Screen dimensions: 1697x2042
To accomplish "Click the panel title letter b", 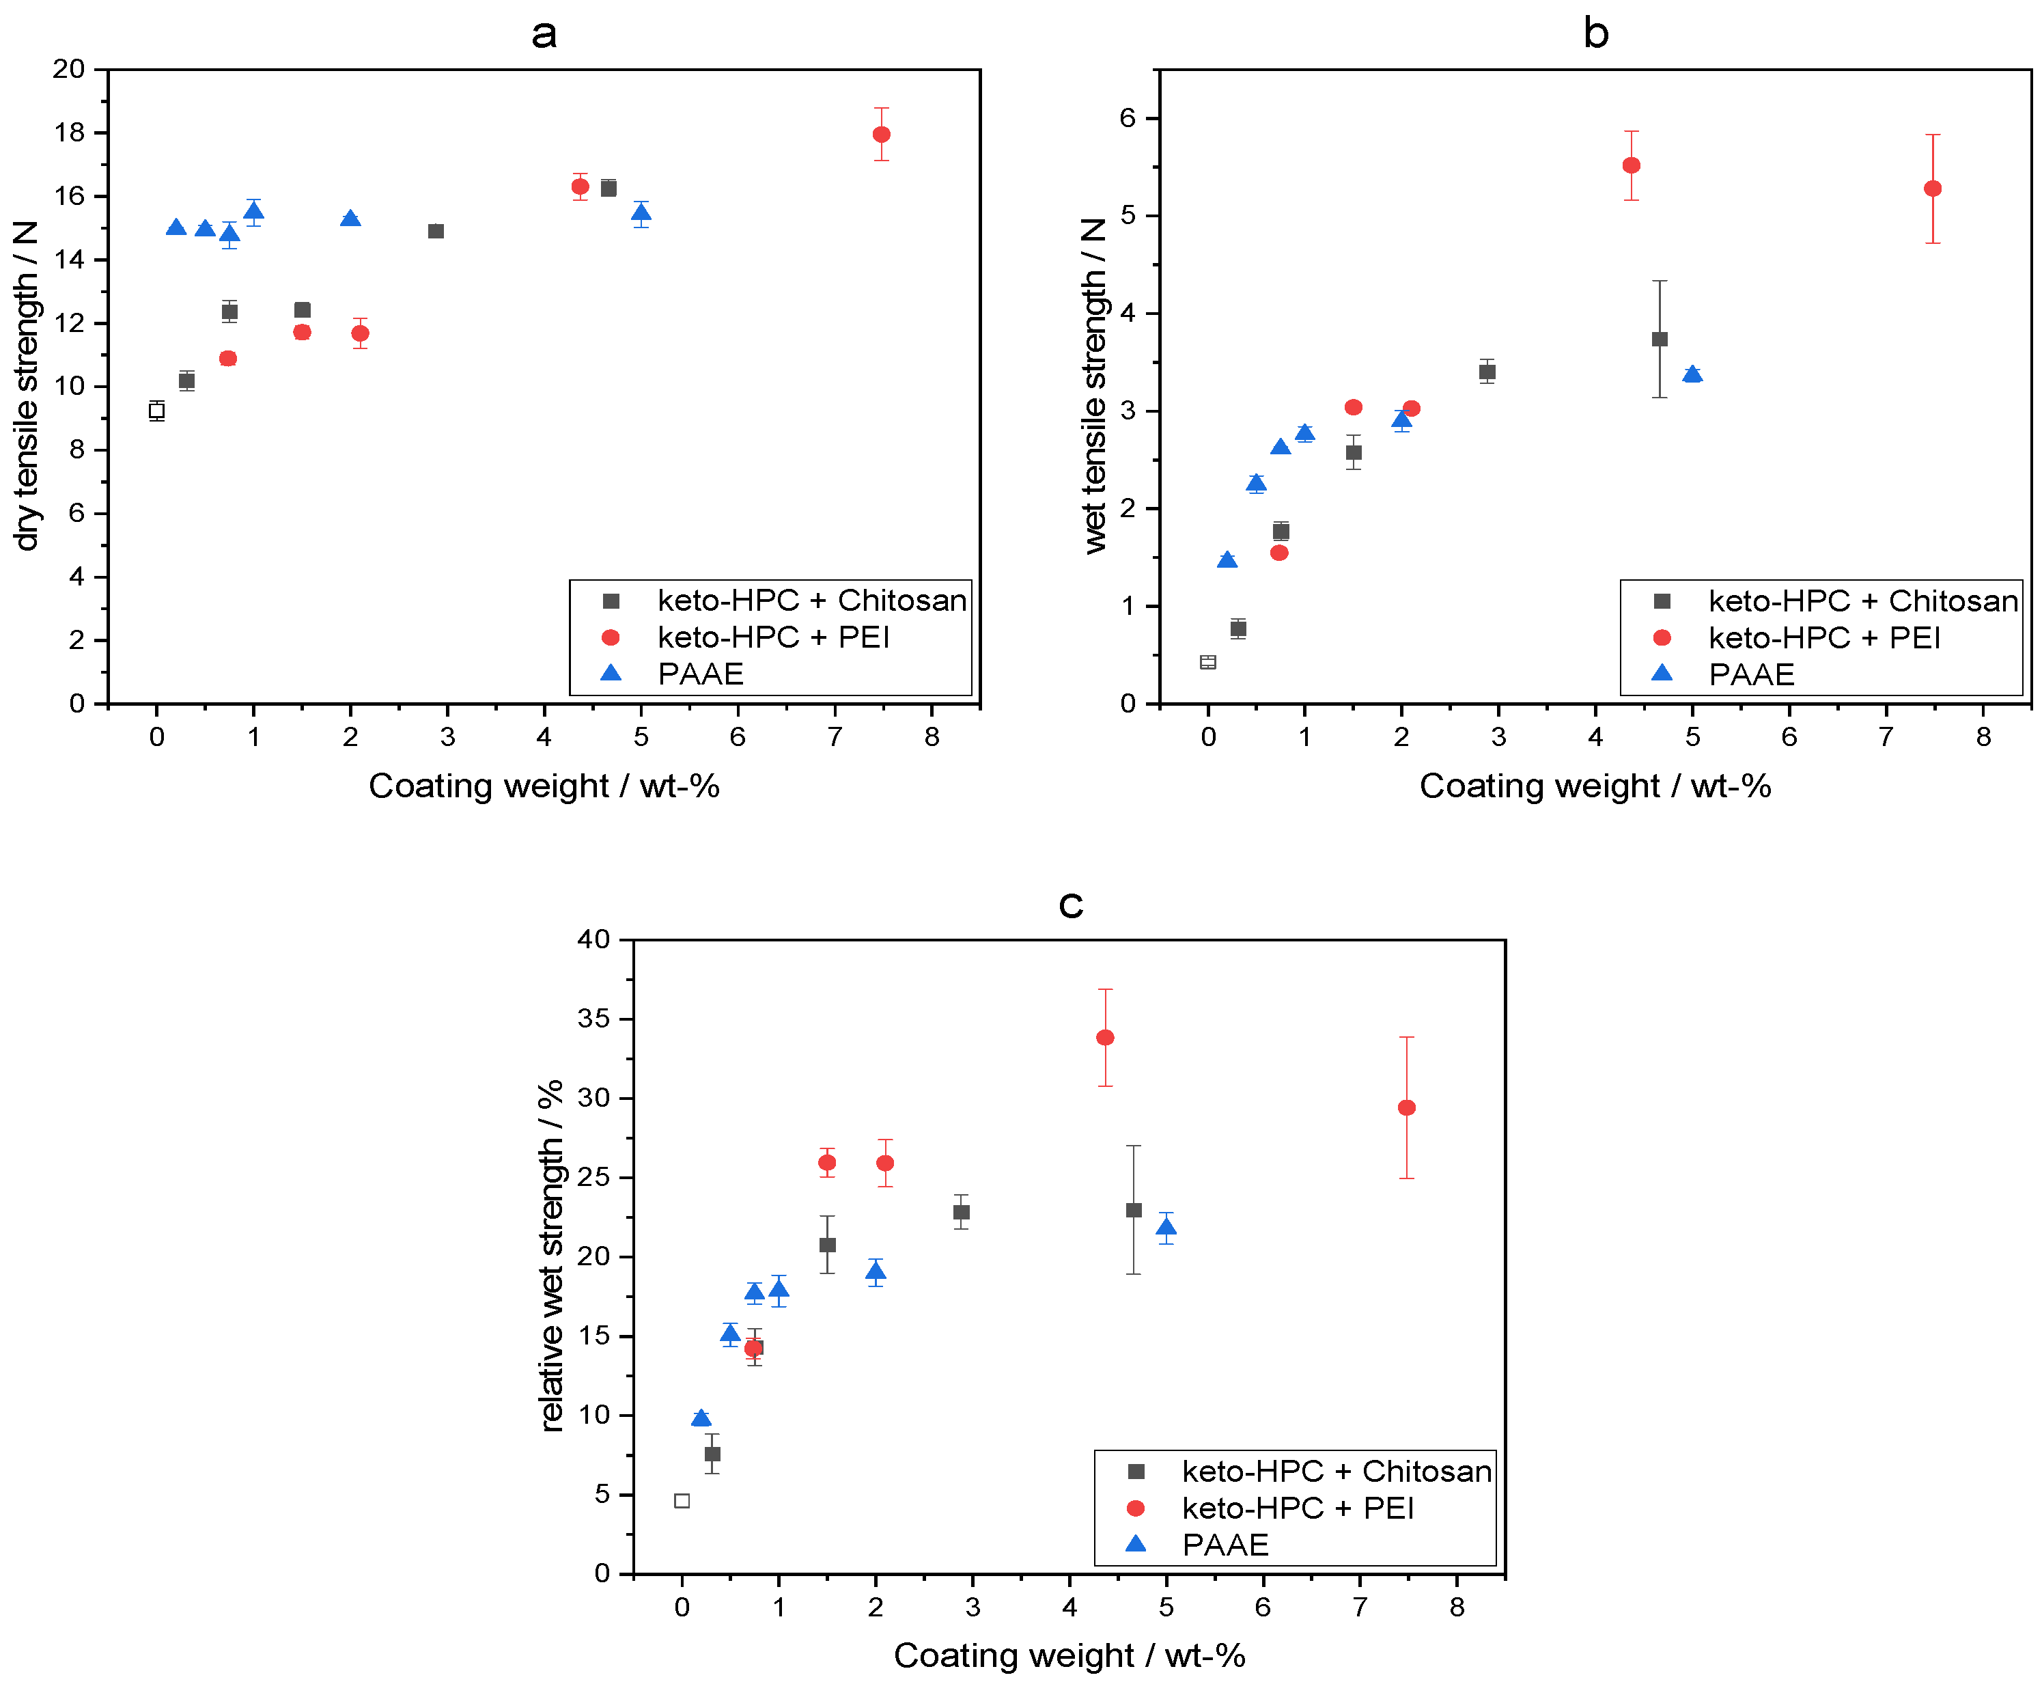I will tap(1595, 33).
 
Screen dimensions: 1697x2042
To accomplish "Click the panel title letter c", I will tap(1071, 905).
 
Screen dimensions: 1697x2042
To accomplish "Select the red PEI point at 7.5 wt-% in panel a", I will tap(881, 134).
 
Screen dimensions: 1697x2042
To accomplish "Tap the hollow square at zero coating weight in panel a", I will tap(156, 411).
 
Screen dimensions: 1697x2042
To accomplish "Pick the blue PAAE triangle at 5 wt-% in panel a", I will tap(641, 213).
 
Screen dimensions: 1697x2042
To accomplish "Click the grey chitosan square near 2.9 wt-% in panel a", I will tap(436, 232).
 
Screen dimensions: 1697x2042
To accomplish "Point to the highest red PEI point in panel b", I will tap(1632, 165).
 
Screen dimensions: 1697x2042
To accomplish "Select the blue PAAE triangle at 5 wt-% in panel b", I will tap(1692, 374).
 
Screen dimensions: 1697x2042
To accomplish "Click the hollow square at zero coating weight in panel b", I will tap(1207, 662).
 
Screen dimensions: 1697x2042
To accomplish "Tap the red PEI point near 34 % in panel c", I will tap(1104, 1038).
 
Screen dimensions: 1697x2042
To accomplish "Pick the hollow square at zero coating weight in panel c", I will tap(682, 1500).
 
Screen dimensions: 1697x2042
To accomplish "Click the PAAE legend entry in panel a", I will tap(700, 674).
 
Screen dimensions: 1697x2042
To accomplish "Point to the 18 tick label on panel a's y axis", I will tap(69, 133).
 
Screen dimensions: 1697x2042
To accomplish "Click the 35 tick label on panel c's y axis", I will tap(593, 1018).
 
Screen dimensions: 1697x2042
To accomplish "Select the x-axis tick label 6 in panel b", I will tap(1789, 737).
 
